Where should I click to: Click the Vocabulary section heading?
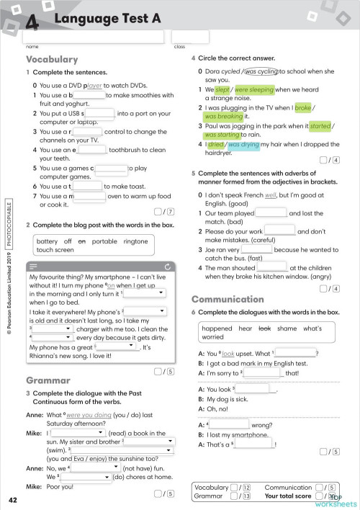52,59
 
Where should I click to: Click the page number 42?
13,500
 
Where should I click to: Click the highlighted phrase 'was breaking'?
224,116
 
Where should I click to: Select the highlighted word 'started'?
320,125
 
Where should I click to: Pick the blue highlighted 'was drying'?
244,144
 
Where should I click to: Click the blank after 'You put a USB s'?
100,113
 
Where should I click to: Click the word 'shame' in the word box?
286,327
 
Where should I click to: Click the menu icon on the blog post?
34,266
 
